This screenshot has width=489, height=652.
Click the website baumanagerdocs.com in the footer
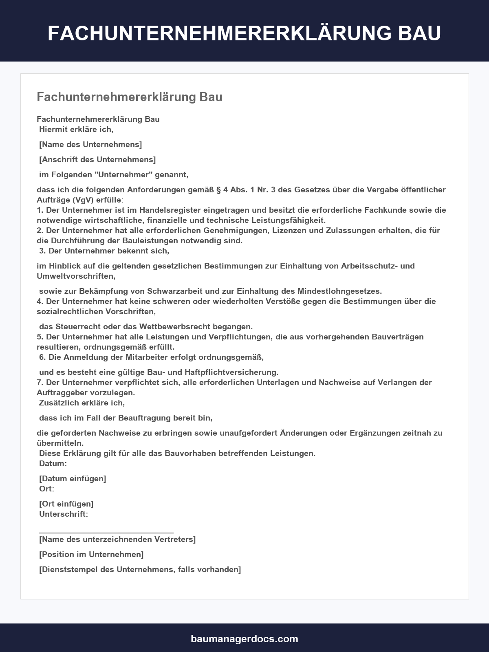tap(244, 639)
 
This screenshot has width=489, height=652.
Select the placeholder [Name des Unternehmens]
tap(90, 144)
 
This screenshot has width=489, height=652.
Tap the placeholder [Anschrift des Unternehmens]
tap(97, 159)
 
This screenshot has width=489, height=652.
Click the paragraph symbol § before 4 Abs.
tap(218, 189)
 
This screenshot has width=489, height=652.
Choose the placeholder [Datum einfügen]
tap(73, 478)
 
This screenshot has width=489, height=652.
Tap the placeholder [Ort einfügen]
tap(66, 504)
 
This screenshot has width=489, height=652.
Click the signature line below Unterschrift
tap(106, 532)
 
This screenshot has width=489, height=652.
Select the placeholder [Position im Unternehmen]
tap(91, 554)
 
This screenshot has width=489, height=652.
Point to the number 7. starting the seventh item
tap(40, 382)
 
